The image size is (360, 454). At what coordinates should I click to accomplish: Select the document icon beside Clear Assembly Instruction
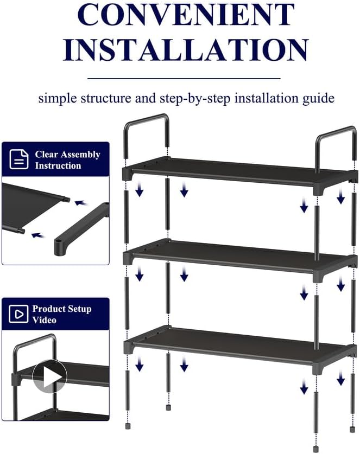[19, 159]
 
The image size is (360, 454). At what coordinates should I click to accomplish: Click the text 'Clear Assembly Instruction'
[67, 160]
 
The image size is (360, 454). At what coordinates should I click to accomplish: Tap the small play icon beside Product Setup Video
[19, 314]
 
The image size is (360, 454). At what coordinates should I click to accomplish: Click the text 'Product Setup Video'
[61, 314]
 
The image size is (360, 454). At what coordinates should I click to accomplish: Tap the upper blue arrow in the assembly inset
[81, 203]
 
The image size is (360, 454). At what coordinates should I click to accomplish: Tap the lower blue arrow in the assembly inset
[37, 235]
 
